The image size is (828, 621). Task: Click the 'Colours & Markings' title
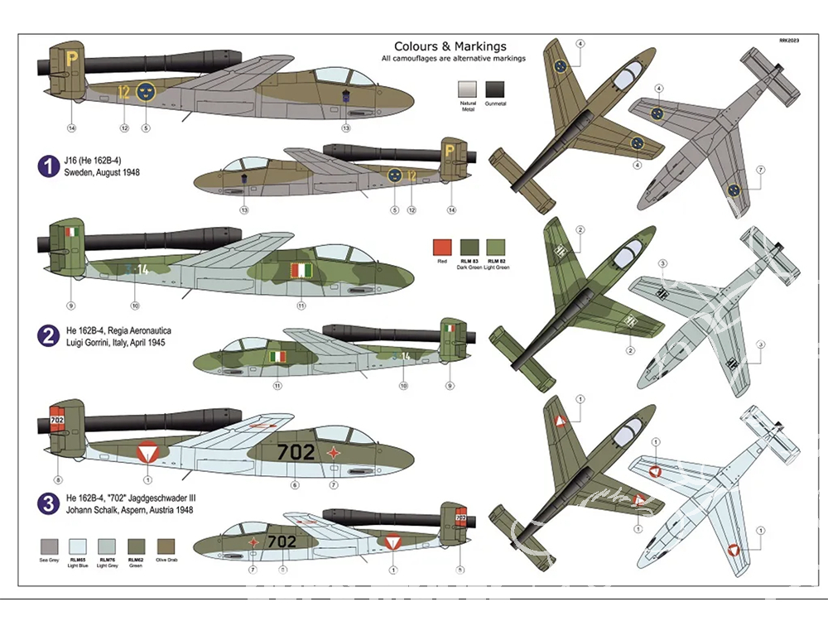click(450, 47)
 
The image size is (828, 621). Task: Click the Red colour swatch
click(443, 248)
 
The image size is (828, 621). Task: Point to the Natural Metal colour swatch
click(469, 90)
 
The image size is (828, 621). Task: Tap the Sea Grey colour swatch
click(50, 546)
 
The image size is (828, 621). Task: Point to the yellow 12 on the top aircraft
click(124, 91)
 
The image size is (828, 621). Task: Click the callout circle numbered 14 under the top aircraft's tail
click(71, 128)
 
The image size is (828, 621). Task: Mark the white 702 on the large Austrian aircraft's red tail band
click(57, 421)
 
